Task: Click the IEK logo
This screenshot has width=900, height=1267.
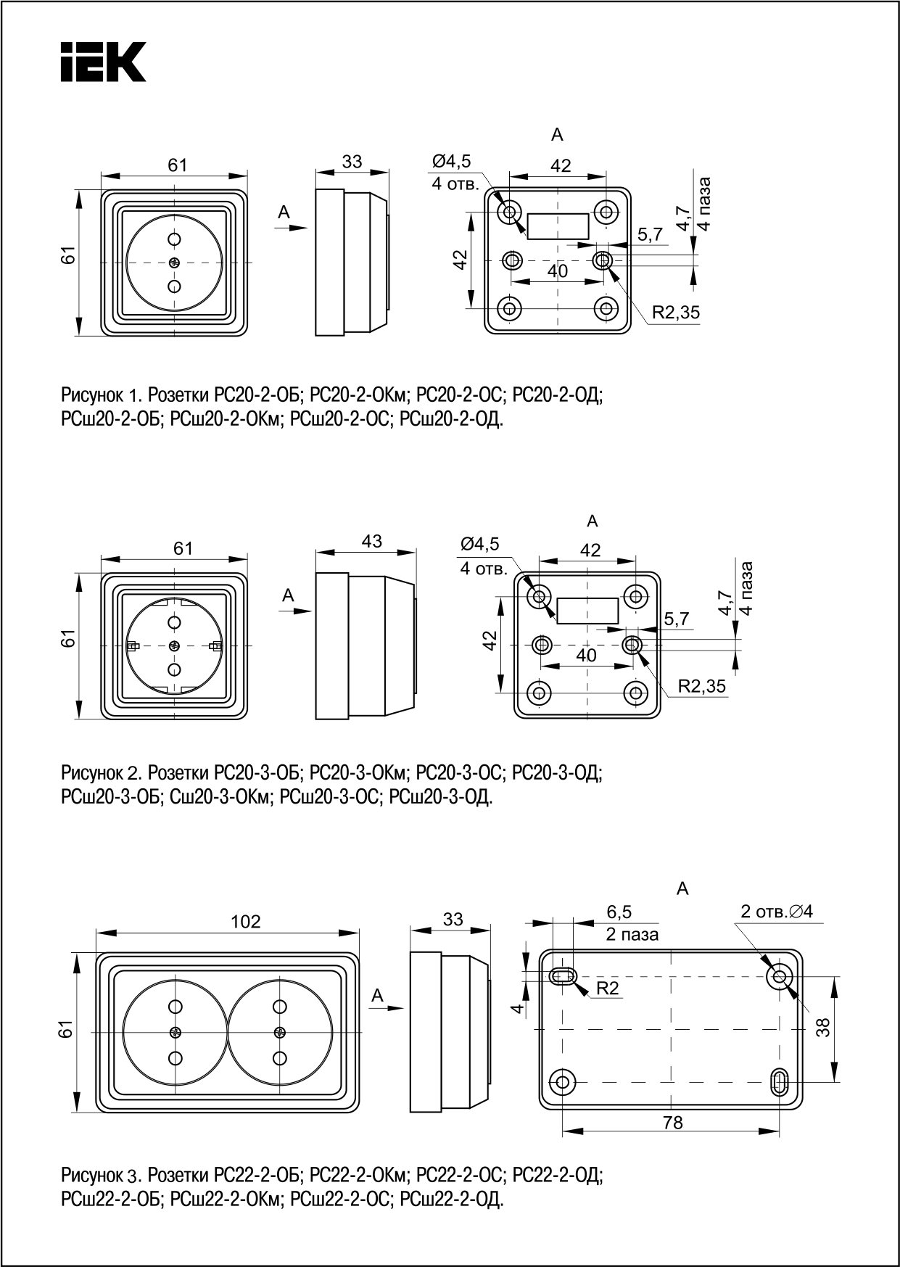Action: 102,61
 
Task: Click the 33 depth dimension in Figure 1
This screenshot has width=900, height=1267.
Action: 352,161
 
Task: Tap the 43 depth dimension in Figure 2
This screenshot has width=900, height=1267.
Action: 371,541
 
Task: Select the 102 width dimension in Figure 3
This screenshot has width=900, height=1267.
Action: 245,921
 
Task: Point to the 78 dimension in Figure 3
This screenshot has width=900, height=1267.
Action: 672,1143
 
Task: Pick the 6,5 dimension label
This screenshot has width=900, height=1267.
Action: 619,911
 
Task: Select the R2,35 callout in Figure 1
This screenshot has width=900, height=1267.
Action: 675,313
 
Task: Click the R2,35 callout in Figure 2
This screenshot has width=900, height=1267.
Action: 701,686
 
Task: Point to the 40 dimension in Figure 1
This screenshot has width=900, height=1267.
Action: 557,271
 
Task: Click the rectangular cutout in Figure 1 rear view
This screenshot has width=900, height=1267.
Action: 557,226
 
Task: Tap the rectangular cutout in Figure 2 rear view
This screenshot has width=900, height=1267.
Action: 587,611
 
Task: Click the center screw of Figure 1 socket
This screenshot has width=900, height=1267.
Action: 174,263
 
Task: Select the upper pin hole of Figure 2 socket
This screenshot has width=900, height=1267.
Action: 174,622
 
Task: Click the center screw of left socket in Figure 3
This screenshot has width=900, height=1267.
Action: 175,1032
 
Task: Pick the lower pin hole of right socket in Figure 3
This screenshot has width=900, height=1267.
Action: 278,1058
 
